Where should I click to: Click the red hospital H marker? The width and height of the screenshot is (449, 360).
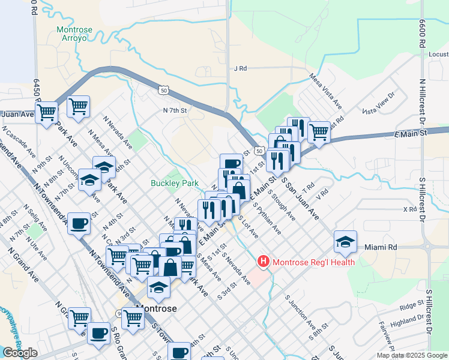coord(263,262)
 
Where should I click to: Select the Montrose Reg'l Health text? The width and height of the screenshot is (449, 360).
coord(313,262)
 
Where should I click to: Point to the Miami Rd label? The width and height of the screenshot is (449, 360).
coord(381,247)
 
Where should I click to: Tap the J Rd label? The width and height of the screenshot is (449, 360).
coord(241,68)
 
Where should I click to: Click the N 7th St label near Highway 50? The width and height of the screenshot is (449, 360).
coord(175,110)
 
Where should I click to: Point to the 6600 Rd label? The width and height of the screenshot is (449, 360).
coord(423,37)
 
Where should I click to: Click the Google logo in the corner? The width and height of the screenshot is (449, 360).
coord(20,353)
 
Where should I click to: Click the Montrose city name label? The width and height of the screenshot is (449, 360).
coord(156,308)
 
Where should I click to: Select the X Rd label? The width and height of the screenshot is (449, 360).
coord(410,209)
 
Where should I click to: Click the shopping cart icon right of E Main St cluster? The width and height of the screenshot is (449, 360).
coord(319,131)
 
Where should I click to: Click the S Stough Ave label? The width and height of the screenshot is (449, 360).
coord(282,205)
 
